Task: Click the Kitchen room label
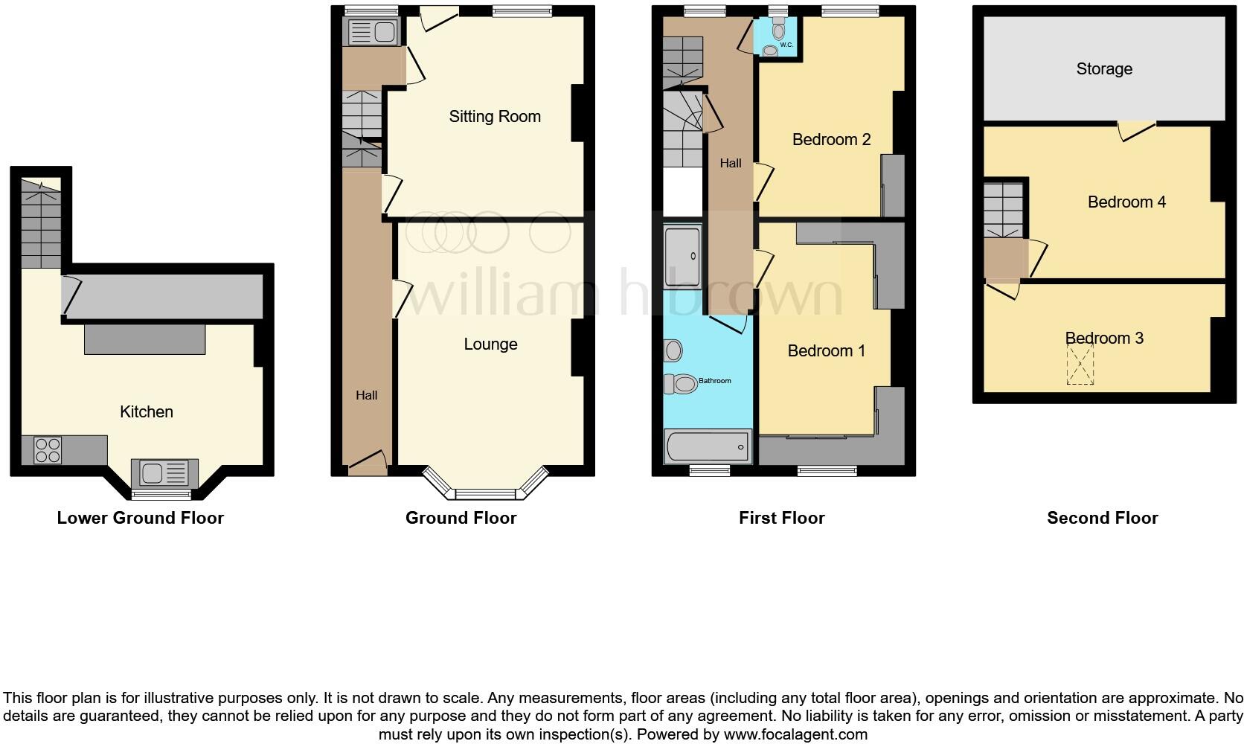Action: tap(147, 411)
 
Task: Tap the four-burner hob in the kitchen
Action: tap(48, 450)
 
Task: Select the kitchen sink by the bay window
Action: tap(164, 474)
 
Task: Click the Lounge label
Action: tap(490, 344)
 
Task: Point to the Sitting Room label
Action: tap(495, 117)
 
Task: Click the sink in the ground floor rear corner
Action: tap(373, 32)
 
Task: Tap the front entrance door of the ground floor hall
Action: tap(367, 463)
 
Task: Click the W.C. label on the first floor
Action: tap(786, 45)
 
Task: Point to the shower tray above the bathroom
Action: tap(682, 257)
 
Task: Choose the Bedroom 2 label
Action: tap(831, 139)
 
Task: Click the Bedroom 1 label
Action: tap(827, 351)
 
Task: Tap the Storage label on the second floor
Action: tap(1104, 69)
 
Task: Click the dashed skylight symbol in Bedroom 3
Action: tap(1080, 365)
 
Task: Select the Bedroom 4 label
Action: tap(1126, 202)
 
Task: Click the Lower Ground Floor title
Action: tap(141, 518)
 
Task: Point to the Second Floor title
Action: tap(1103, 518)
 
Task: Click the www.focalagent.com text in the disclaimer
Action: tap(795, 734)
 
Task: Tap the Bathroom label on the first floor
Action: tap(715, 381)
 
